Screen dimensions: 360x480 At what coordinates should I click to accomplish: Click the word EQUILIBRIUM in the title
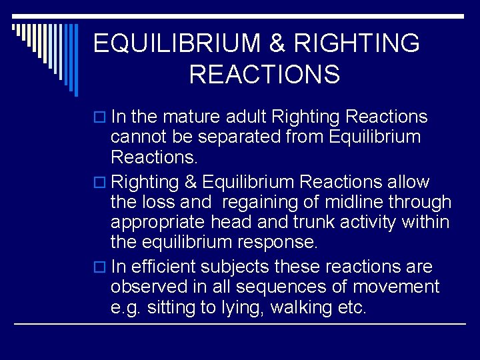pyautogui.click(x=176, y=44)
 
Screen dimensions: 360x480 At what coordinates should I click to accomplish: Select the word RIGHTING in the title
pyautogui.click(x=357, y=44)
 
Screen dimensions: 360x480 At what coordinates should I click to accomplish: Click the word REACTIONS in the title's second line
pyautogui.click(x=265, y=75)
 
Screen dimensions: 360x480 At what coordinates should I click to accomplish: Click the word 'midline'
pyautogui.click(x=347, y=203)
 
